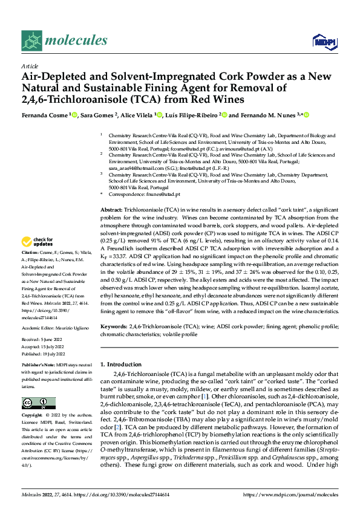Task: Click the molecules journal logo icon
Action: pos(31,41)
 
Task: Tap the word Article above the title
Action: pos(29,65)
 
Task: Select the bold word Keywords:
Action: pos(114,326)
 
